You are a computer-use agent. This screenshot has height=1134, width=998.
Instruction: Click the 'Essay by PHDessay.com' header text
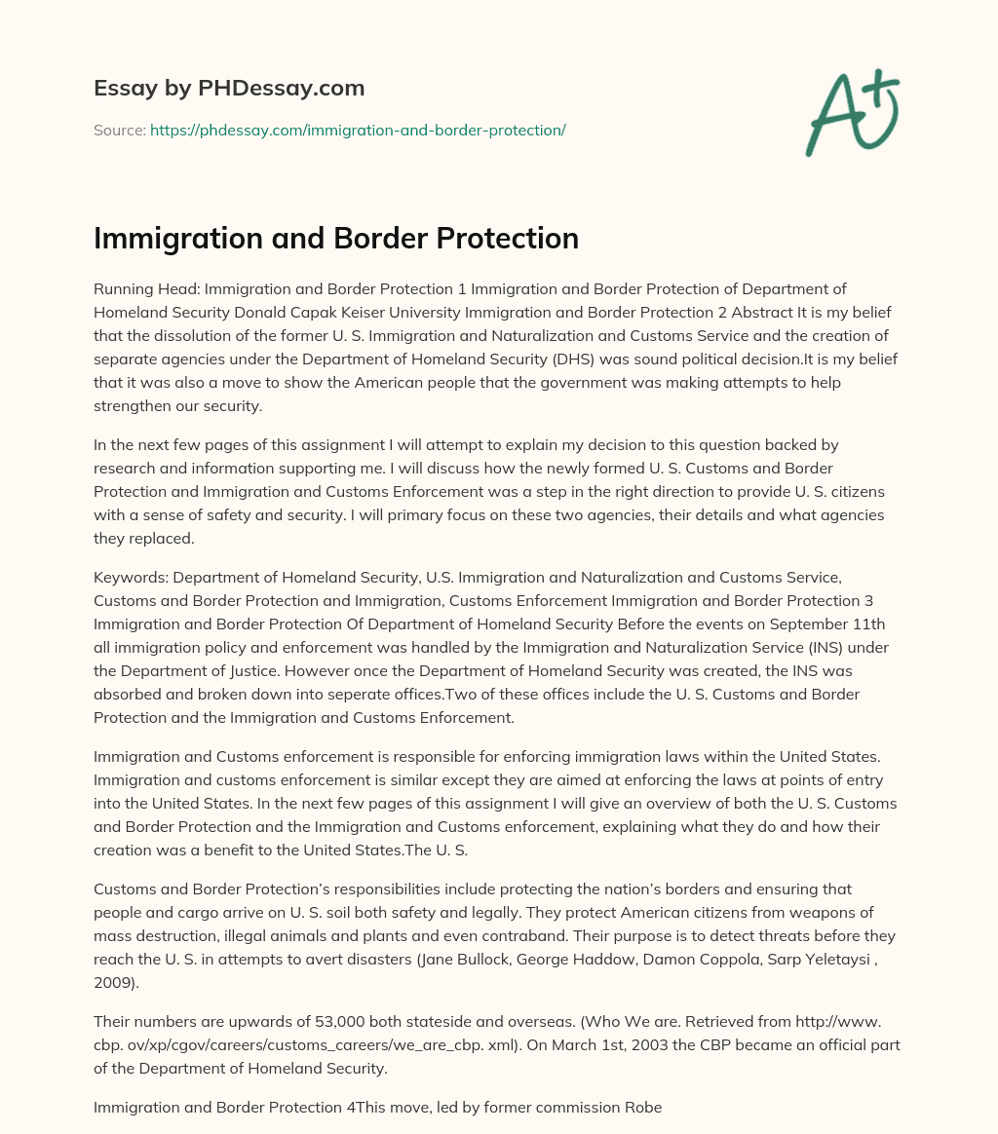click(x=229, y=89)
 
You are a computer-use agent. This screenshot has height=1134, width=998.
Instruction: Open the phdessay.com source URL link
click(x=358, y=130)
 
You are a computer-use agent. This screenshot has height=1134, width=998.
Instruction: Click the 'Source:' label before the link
click(x=119, y=130)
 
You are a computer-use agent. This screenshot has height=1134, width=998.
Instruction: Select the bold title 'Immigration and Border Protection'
click(x=336, y=238)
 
